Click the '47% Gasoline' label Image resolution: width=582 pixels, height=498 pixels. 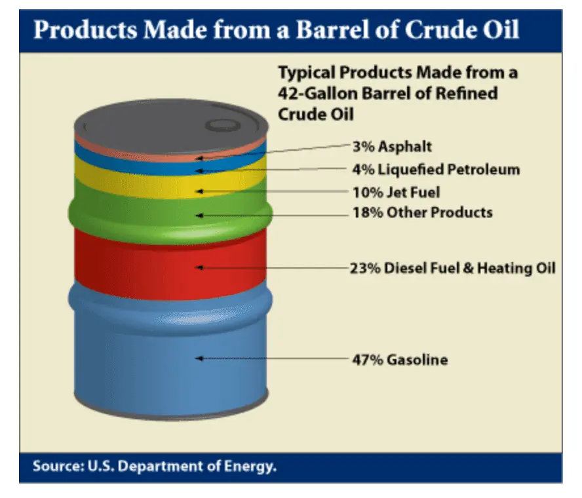400,359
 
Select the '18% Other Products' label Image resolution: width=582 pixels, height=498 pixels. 423,213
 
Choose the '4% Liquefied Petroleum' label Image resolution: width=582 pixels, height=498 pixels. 436,170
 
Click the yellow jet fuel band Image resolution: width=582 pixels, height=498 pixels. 131,180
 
